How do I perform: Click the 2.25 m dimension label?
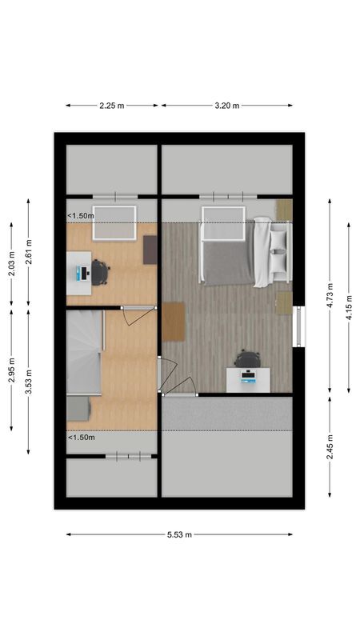(x=112, y=105)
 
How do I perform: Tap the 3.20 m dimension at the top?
(x=226, y=105)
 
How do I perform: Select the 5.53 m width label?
(x=179, y=534)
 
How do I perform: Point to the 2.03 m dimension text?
(x=11, y=263)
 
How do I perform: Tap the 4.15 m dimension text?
(x=348, y=307)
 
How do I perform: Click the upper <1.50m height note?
(x=81, y=215)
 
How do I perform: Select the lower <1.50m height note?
(x=81, y=438)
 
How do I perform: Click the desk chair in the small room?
(x=100, y=272)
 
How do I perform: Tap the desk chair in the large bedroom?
(x=248, y=359)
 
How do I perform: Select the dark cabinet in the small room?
(x=150, y=249)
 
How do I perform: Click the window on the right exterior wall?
(x=299, y=326)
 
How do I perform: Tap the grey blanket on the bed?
(x=228, y=263)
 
